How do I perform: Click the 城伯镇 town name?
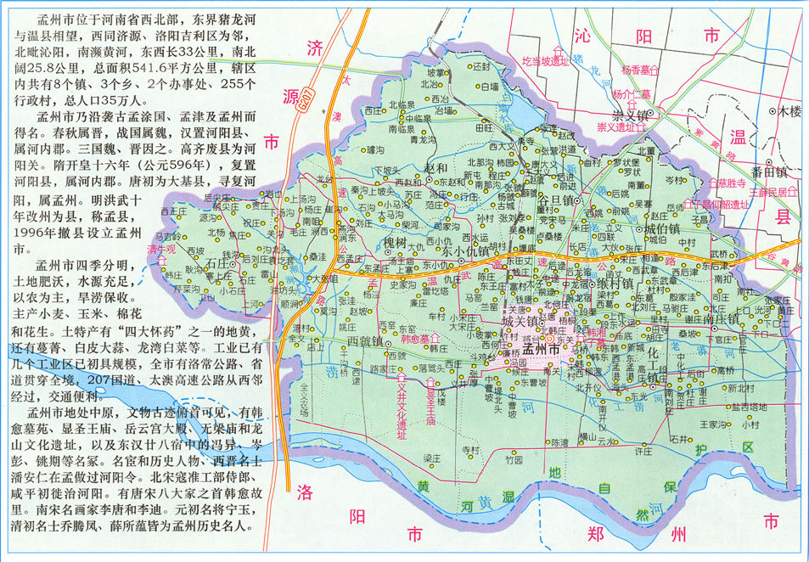[x=662, y=229]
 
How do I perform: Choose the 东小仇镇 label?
[x=464, y=250]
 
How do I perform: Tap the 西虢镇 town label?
[x=367, y=340]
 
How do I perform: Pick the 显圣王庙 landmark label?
[x=430, y=409]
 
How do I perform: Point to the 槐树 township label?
[x=396, y=243]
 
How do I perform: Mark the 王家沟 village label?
[x=715, y=423]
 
